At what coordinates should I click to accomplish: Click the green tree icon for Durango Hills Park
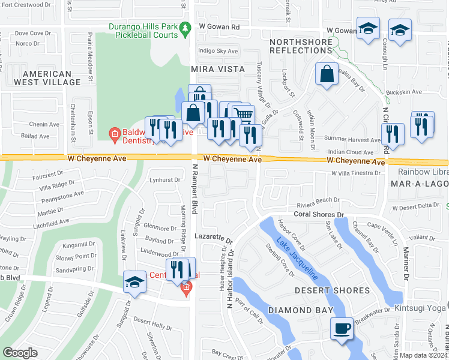point(185,27)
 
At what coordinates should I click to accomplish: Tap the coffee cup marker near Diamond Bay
point(342,329)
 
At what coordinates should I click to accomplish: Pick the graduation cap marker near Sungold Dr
point(135,283)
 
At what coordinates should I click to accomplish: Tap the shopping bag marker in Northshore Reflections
point(327,75)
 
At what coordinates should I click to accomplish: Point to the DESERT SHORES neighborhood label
point(327,290)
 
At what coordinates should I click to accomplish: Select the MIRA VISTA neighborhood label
point(218,69)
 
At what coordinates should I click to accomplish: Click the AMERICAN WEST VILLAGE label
point(47,77)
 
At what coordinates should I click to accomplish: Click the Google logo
point(20,353)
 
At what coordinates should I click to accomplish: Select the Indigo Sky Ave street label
point(218,52)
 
